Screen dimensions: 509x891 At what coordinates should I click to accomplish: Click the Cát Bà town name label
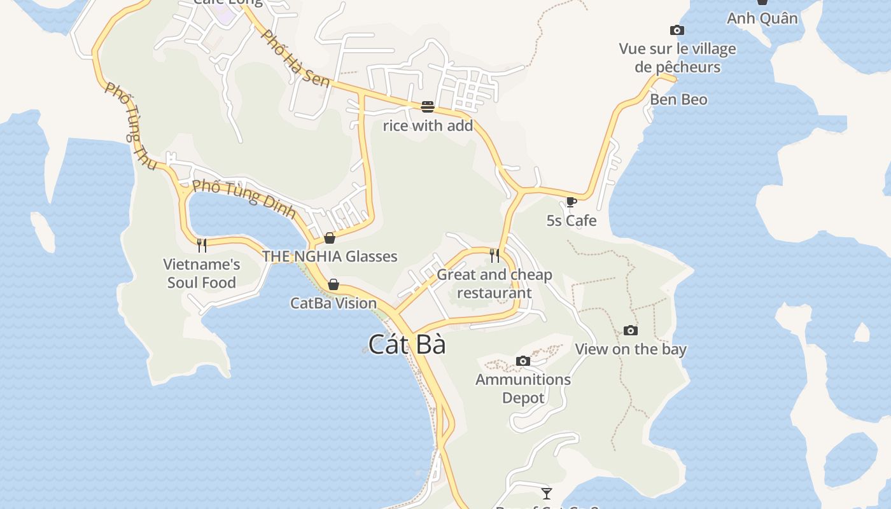tap(407, 344)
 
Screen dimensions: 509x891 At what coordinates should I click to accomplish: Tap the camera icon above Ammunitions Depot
tap(523, 361)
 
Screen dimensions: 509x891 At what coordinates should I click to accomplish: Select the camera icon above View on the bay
tap(631, 330)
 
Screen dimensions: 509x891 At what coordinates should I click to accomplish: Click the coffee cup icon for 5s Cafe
tap(571, 202)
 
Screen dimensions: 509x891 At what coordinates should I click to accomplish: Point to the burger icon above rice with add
tap(428, 106)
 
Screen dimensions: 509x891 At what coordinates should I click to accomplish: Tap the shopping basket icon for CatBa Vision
tap(333, 284)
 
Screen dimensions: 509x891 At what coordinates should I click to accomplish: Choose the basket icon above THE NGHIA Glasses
tap(330, 238)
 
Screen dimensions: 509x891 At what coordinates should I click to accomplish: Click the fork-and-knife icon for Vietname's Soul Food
tap(202, 245)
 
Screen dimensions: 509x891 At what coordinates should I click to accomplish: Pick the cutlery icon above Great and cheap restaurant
tap(495, 255)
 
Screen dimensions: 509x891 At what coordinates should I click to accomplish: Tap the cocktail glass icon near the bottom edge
tap(546, 493)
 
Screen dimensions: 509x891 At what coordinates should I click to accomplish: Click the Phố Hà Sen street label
tap(295, 58)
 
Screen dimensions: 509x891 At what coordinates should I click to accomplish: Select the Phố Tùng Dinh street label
tap(244, 198)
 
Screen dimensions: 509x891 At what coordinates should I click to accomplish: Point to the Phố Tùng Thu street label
tap(130, 126)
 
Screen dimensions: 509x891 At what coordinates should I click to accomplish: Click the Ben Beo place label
tap(678, 99)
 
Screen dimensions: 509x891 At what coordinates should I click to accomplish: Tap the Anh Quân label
tap(762, 18)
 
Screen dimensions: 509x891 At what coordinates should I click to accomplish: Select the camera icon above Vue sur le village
tap(677, 30)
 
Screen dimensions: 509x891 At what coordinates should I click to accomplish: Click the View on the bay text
tap(631, 349)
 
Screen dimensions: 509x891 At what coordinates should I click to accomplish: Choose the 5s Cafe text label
tap(572, 221)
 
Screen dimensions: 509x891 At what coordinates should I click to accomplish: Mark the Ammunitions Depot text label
tap(523, 389)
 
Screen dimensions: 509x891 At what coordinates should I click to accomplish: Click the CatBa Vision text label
tap(333, 303)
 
